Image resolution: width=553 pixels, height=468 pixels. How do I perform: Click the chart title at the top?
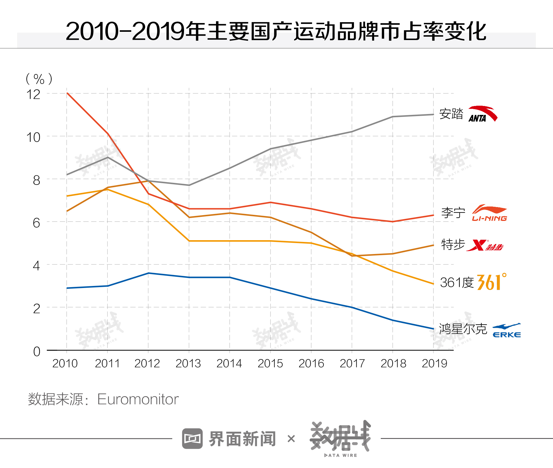tap(276, 31)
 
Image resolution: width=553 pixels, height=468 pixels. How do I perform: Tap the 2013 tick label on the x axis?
tap(188, 363)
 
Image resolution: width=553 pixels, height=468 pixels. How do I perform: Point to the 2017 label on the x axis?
tap(352, 363)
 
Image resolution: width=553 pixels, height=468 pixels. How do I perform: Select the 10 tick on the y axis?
tap(33, 137)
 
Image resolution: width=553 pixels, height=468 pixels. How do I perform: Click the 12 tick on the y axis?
tap(33, 94)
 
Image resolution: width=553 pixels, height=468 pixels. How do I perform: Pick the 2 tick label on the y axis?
tap(37, 309)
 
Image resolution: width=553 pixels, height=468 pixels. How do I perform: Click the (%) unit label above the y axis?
tap(39, 79)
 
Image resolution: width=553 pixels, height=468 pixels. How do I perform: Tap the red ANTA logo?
tap(483, 114)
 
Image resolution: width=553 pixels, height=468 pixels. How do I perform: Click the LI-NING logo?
tap(489, 213)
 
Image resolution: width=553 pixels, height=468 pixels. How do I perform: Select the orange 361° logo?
tap(491, 282)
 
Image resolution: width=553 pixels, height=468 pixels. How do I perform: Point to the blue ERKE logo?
tap(507, 330)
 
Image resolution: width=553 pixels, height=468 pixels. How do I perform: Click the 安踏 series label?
tap(451, 114)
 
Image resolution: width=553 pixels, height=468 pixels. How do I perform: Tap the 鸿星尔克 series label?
tap(463, 329)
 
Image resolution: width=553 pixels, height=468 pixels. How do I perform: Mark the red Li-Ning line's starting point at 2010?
tap(67, 93)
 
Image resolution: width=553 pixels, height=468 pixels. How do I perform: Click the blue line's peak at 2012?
tap(148, 273)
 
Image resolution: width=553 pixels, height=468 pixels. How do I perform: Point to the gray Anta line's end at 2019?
tap(433, 115)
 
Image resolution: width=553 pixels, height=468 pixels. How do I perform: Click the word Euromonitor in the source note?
tap(138, 399)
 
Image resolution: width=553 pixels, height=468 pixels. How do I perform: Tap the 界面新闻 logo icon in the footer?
tap(192, 439)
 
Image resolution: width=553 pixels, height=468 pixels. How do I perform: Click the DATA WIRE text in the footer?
tap(341, 455)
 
